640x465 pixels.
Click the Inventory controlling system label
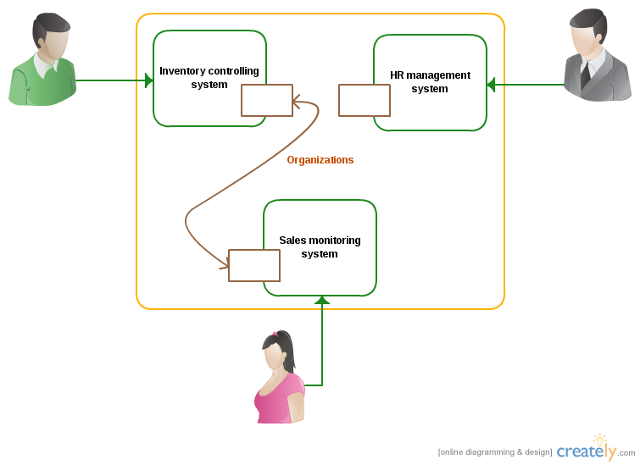tap(209, 78)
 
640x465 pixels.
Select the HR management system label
tap(430, 82)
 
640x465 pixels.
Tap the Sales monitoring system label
tap(320, 247)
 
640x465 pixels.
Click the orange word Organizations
tap(320, 160)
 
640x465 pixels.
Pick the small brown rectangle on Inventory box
tap(267, 100)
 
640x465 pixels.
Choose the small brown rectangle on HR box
tap(365, 100)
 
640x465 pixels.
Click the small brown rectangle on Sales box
tap(254, 265)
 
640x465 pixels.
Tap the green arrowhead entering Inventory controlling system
tap(149, 80)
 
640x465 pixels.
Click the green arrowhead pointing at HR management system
tap(491, 84)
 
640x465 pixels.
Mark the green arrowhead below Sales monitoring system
tap(322, 300)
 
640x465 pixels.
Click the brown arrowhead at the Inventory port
tap(297, 104)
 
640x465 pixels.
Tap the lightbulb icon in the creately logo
tap(600, 440)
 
